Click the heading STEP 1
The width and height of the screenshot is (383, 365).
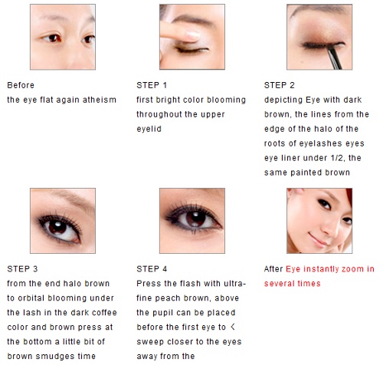pyautogui.click(x=152, y=85)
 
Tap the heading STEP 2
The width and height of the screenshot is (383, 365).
pyautogui.click(x=280, y=85)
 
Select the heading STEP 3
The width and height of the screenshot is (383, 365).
pyautogui.click(x=22, y=269)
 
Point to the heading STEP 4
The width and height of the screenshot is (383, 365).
pyautogui.click(x=152, y=269)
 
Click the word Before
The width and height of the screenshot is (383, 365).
pyautogui.click(x=21, y=85)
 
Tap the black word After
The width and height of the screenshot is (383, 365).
pyautogui.click(x=273, y=269)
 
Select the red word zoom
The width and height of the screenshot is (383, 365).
pyautogui.click(x=352, y=269)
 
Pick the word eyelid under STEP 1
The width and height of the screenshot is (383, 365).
pyautogui.click(x=149, y=129)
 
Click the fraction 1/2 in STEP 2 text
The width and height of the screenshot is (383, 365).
pyautogui.click(x=337, y=158)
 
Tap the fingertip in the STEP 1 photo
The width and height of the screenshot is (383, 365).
pyautogui.click(x=193, y=35)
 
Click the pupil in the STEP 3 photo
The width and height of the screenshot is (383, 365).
pyautogui.click(x=57, y=228)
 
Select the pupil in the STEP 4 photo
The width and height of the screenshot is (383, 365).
pyautogui.click(x=195, y=219)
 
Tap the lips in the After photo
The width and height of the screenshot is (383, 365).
pyautogui.click(x=316, y=239)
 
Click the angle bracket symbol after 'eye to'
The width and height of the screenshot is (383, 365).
pyautogui.click(x=233, y=327)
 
